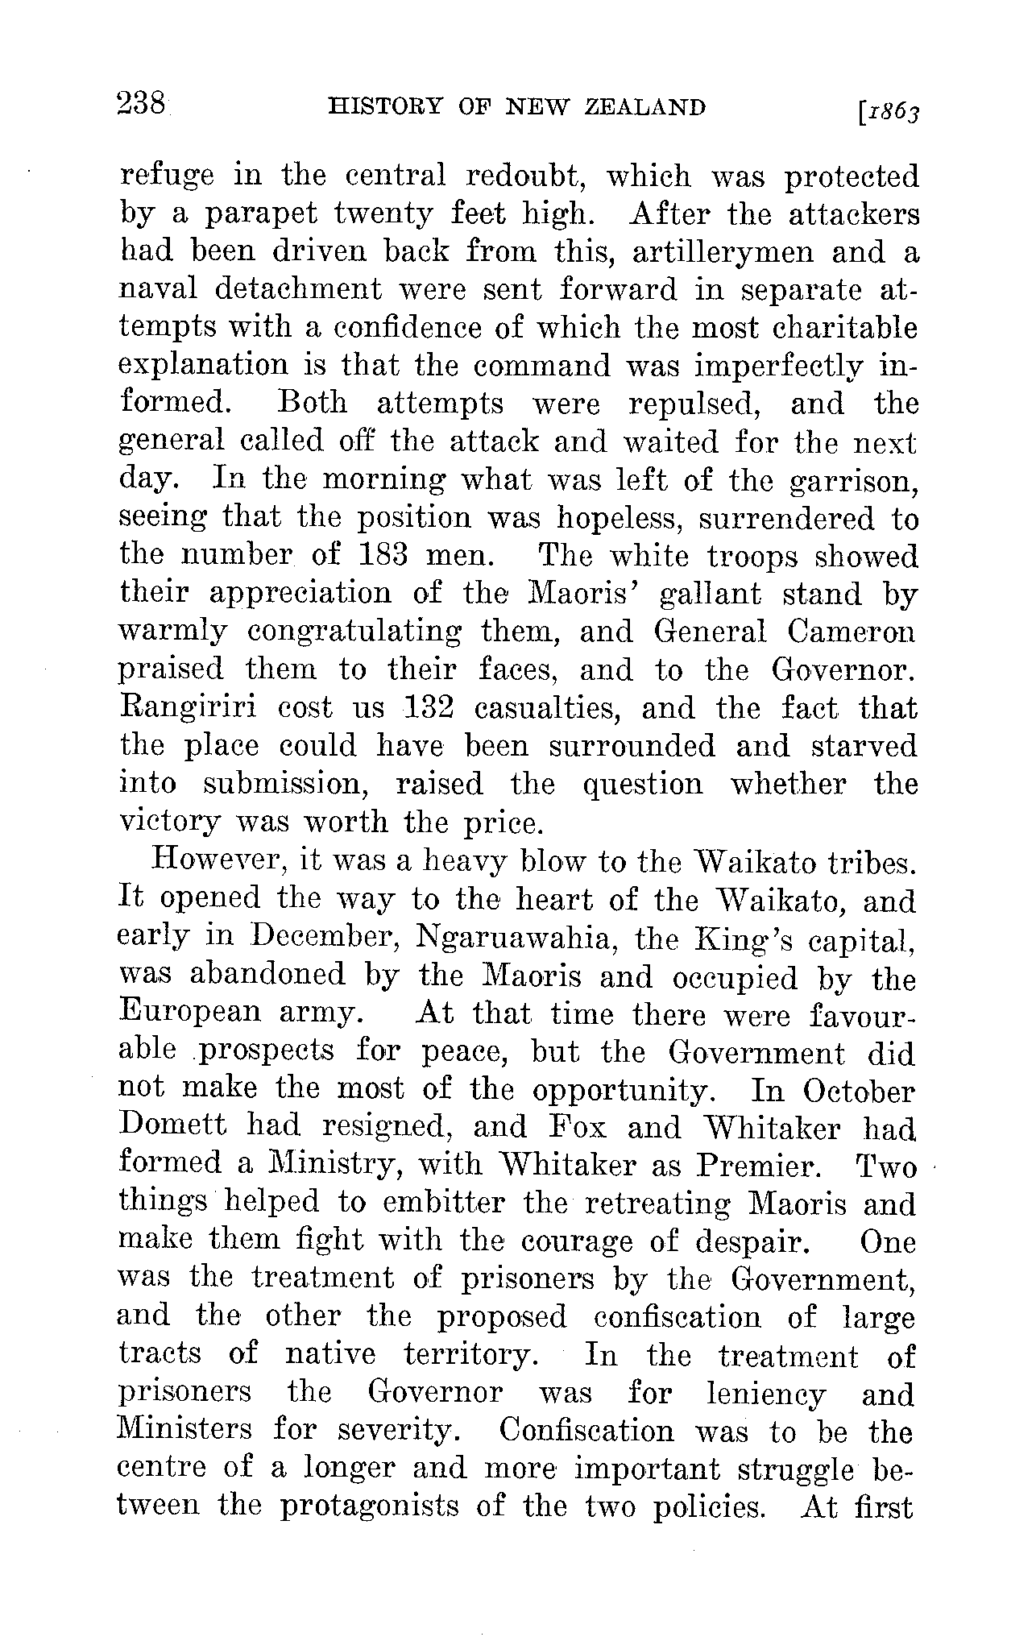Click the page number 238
pyautogui.click(x=142, y=105)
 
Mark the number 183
pyautogui.click(x=385, y=556)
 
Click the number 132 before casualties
pyautogui.click(x=428, y=708)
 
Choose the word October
pyautogui.click(x=859, y=1091)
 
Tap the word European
pyautogui.click(x=189, y=1013)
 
